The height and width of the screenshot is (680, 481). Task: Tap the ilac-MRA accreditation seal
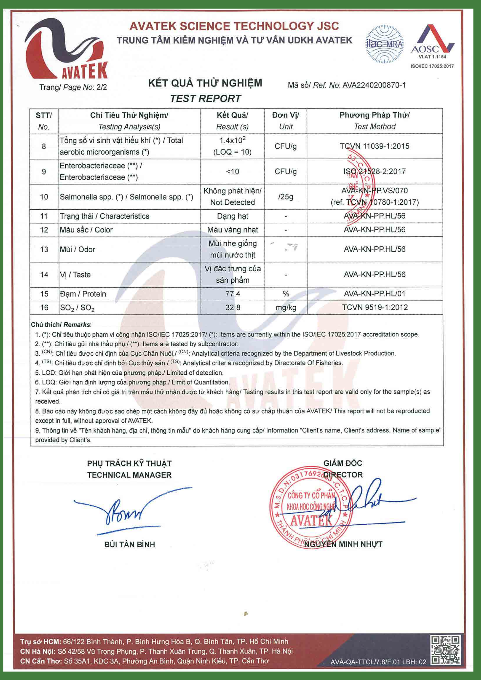384,44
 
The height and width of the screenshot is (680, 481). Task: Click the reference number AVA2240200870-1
374,85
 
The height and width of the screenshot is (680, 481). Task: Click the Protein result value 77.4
233,294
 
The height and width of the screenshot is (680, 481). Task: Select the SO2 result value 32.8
233,308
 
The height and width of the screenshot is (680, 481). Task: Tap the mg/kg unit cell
286,308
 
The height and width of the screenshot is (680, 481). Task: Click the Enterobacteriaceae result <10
233,172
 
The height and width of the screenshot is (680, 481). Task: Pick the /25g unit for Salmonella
286,197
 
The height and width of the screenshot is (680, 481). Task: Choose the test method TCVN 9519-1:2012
375,308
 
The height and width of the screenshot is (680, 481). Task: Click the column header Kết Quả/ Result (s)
232,121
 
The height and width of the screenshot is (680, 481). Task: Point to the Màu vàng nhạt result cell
233,230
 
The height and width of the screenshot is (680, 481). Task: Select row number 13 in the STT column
44,250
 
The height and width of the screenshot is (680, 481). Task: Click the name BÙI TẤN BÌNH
130,545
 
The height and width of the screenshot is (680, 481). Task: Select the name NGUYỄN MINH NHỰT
343,544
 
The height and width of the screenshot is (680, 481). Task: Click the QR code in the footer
445,650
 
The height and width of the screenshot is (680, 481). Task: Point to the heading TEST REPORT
205,99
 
